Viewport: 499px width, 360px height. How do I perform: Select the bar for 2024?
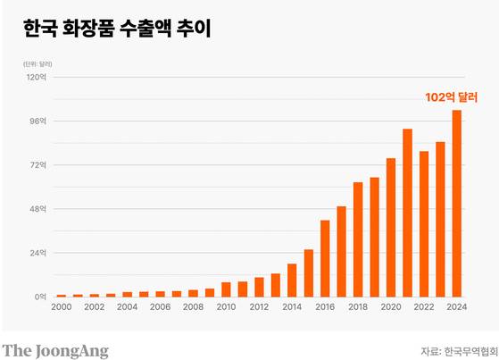(456, 203)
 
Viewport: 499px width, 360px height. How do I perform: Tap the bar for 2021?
(407, 213)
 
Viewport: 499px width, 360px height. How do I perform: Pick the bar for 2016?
(325, 258)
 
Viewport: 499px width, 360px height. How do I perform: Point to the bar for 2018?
(358, 239)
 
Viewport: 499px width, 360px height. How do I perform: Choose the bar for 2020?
(391, 227)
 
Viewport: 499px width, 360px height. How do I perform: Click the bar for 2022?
(424, 223)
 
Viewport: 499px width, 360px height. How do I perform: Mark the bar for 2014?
(292, 280)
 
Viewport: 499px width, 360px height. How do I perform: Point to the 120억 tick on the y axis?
(37, 77)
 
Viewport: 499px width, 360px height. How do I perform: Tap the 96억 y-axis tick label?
(38, 121)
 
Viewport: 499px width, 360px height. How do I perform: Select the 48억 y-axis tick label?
(38, 209)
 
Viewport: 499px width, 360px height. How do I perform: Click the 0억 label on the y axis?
(40, 297)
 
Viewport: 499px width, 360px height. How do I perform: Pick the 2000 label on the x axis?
(62, 307)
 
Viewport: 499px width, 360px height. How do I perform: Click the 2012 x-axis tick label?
(259, 307)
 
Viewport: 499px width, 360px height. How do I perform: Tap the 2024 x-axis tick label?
(456, 307)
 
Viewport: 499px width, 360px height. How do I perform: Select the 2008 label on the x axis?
(193, 307)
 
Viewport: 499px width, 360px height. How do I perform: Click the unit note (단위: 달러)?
(37, 64)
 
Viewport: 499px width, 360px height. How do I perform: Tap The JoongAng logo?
(55, 349)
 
